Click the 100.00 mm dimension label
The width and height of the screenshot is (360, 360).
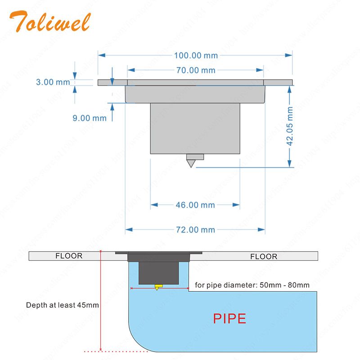pos(196,55)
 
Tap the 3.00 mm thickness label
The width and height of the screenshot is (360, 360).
pos(53,82)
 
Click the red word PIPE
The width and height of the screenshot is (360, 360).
pos(229,319)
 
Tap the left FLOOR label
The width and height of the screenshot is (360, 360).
pos(69,256)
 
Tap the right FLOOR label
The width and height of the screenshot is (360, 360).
pos(264,256)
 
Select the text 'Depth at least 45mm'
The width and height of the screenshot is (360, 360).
pos(63,305)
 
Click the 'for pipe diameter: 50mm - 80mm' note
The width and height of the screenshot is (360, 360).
pos(252,285)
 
